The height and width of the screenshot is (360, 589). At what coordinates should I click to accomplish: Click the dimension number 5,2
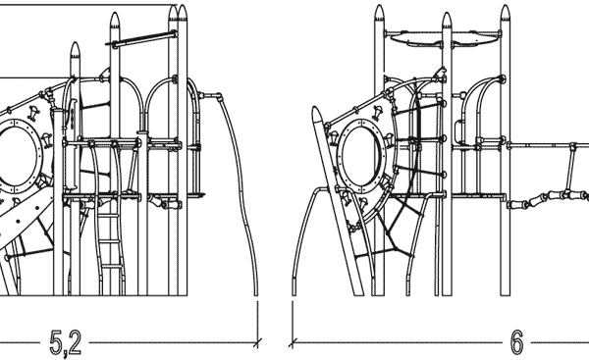click(x=66, y=342)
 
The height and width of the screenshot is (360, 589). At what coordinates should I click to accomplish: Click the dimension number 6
click(x=516, y=342)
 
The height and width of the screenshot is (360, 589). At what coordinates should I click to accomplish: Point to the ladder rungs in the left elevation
click(x=111, y=240)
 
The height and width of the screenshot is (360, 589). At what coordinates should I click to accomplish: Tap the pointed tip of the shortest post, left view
click(x=76, y=48)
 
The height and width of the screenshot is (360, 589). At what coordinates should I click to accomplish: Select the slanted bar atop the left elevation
click(x=143, y=40)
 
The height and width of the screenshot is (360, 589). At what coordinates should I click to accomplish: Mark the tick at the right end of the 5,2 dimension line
click(x=257, y=342)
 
